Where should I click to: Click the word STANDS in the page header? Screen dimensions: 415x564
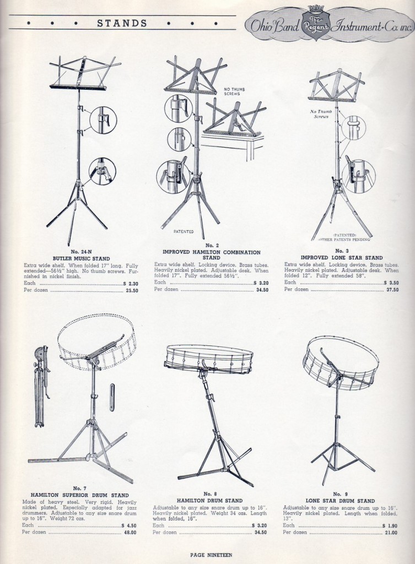tap(122, 23)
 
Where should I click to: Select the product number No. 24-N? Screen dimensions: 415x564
tap(82, 252)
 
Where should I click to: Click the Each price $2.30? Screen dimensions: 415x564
tap(131, 284)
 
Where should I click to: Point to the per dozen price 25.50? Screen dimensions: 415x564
tap(132, 291)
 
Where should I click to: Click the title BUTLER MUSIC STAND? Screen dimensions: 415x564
tap(82, 259)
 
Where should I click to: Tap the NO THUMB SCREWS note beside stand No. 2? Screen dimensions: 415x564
tap(232, 91)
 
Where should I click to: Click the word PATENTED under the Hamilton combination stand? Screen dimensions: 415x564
tap(184, 232)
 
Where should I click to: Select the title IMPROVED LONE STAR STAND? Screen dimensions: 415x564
tap(342, 258)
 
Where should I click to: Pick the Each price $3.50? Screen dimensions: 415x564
tap(391, 283)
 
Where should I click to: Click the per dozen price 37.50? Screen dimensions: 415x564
tap(392, 290)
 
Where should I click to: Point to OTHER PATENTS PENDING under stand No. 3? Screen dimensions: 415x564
tap(344, 239)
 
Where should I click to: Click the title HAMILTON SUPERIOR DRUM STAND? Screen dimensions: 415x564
tap(79, 495)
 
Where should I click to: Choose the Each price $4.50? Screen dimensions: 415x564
tap(129, 525)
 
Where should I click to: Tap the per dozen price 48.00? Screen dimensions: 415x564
tap(130, 533)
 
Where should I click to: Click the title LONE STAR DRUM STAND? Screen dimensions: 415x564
tap(340, 501)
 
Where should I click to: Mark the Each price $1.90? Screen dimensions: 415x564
tap(390, 525)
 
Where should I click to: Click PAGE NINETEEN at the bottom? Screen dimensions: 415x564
tap(211, 555)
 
